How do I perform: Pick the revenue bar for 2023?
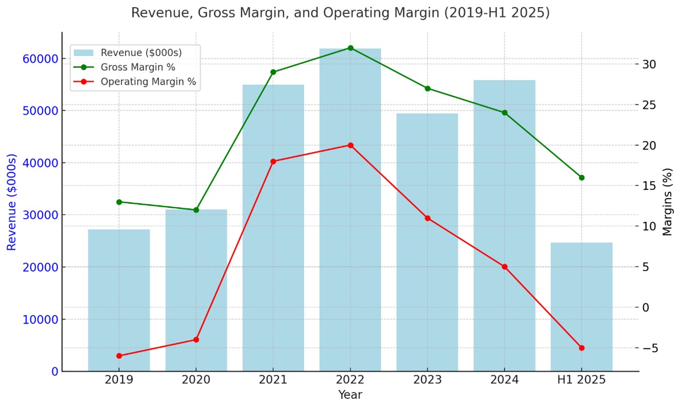(427, 242)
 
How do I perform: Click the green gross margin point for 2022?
(350, 48)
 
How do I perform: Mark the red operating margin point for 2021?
(273, 162)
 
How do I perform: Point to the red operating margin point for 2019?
(119, 356)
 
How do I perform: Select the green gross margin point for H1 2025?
(581, 178)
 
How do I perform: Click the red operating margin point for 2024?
(505, 267)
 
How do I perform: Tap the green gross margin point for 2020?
(196, 210)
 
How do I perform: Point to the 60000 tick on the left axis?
(40, 59)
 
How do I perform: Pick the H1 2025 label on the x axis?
(581, 381)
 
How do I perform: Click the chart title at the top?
(340, 13)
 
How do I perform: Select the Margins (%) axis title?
(668, 202)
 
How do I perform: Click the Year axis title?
(350, 395)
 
